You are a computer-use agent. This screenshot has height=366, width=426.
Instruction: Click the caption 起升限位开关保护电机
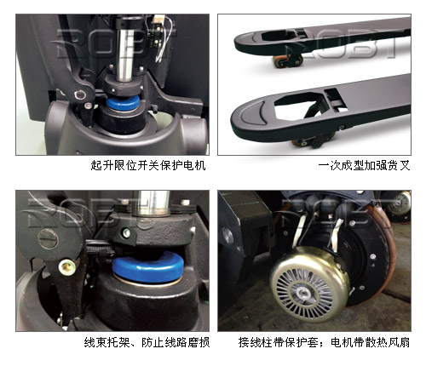[x=148, y=165]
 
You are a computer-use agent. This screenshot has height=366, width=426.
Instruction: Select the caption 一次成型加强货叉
[x=364, y=165]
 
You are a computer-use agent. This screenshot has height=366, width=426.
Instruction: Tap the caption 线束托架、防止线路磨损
[x=147, y=342]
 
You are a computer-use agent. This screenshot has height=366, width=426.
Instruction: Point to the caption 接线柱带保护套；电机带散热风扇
[x=324, y=342]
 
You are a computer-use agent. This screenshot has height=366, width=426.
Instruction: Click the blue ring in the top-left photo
[x=124, y=102]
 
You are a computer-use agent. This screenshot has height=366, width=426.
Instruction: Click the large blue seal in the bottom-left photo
[x=147, y=267]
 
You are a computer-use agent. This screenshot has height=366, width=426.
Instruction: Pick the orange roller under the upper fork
[x=279, y=61]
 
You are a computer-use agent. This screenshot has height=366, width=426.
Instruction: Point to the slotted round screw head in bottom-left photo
[x=48, y=238]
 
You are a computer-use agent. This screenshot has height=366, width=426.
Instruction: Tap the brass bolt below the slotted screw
[x=67, y=266]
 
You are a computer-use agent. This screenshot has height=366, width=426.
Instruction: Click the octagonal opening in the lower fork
[x=299, y=106]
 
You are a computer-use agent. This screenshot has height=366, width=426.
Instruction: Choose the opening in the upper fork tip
[x=279, y=35]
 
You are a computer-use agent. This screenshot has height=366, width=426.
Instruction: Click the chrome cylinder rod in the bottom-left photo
[x=152, y=203]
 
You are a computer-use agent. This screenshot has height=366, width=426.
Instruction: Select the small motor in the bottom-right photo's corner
[x=400, y=203]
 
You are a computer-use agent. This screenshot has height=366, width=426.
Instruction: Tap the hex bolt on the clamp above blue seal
[x=125, y=233]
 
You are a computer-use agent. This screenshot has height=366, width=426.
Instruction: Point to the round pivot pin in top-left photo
[x=79, y=94]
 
